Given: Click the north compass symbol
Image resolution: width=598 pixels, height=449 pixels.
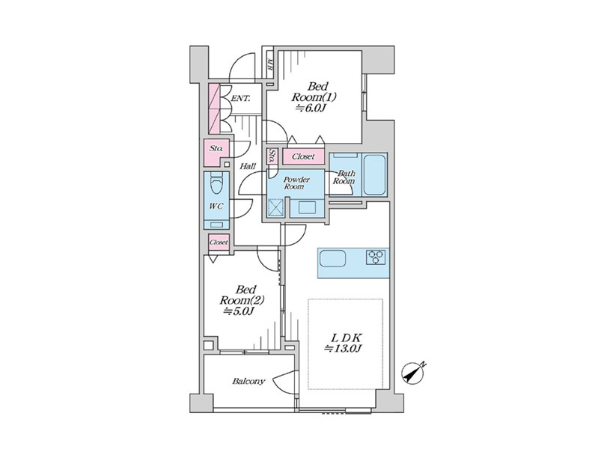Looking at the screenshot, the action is pyautogui.click(x=413, y=373).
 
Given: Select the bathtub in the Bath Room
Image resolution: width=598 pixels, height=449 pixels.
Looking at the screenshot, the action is pyautogui.click(x=373, y=174).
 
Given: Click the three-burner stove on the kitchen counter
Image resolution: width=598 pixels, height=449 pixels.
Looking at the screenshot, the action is pyautogui.click(x=376, y=257).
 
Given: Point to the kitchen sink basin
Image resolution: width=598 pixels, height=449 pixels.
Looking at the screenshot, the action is pyautogui.click(x=332, y=258).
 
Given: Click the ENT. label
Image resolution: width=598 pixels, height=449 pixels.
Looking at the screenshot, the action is pyautogui.click(x=241, y=99).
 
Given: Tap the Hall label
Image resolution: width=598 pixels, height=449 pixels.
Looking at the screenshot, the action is pyautogui.click(x=248, y=166).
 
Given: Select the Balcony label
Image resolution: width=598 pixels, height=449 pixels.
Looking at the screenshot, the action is pyautogui.click(x=248, y=381).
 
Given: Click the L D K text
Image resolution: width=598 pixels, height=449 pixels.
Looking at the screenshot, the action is pyautogui.click(x=347, y=337).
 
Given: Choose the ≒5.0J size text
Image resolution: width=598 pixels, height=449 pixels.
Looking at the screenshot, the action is pyautogui.click(x=239, y=311).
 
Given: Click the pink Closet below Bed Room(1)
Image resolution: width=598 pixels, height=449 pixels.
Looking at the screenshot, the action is pyautogui.click(x=304, y=156).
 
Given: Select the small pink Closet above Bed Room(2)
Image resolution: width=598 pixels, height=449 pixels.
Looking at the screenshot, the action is pyautogui.click(x=219, y=242).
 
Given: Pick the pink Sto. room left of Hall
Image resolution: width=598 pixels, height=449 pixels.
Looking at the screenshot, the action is pyautogui.click(x=216, y=151).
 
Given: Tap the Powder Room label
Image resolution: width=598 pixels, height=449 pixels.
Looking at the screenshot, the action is pyautogui.click(x=296, y=183).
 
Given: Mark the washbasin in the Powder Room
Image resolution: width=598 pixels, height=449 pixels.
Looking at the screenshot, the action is pyautogui.click(x=307, y=208).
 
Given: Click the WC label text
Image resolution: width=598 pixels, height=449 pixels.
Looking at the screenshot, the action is pyautogui.click(x=216, y=207).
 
